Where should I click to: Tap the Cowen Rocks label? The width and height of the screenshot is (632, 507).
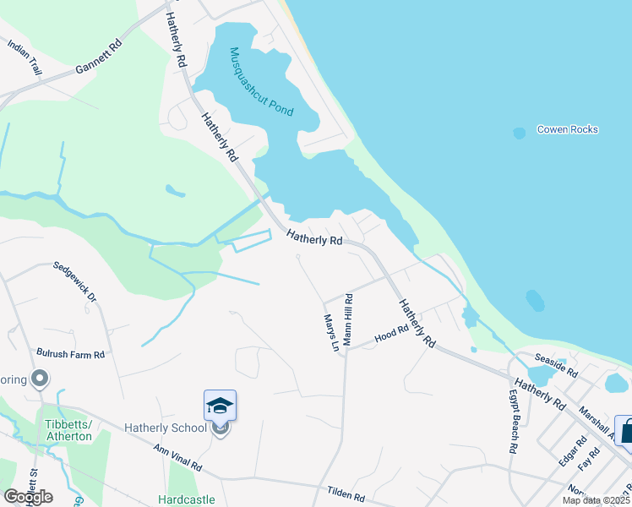click(568, 129)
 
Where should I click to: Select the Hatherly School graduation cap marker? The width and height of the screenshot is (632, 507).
click(220, 406)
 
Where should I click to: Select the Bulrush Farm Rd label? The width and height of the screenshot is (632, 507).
click(70, 354)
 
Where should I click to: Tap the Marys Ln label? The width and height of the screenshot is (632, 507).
click(331, 332)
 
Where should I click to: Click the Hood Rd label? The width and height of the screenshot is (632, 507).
click(391, 336)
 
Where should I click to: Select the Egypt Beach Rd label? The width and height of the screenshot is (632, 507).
click(513, 422)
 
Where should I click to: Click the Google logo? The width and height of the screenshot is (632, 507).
click(28, 497)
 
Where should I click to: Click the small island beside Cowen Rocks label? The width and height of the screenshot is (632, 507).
click(519, 133)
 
